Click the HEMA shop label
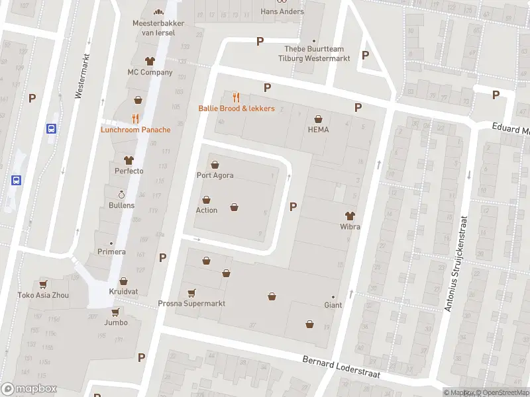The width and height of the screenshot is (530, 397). pyautogui.click(x=318, y=130)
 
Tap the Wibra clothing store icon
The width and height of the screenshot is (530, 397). pyautogui.click(x=350, y=215)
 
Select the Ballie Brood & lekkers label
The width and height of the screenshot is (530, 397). pyautogui.click(x=237, y=109)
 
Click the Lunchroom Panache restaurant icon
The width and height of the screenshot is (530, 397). pyautogui.click(x=135, y=118)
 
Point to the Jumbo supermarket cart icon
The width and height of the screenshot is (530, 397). pyautogui.click(x=115, y=312)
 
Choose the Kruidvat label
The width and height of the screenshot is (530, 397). pyautogui.click(x=123, y=292)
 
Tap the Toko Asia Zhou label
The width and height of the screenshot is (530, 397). pyautogui.click(x=43, y=295)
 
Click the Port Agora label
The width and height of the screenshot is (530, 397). pyautogui.click(x=215, y=175)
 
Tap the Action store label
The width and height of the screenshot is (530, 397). pyautogui.click(x=206, y=210)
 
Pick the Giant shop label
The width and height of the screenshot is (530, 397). pyautogui.click(x=333, y=306)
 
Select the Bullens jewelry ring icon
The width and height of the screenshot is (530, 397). pyautogui.click(x=121, y=195)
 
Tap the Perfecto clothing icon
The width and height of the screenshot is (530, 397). pyautogui.click(x=128, y=160)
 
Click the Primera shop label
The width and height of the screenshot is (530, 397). pyautogui.click(x=112, y=252)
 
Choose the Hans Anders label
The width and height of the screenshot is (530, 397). pyautogui.click(x=282, y=11)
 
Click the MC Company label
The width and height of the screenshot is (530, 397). pyautogui.click(x=150, y=72)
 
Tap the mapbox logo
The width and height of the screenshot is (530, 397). pyautogui.click(x=29, y=389)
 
